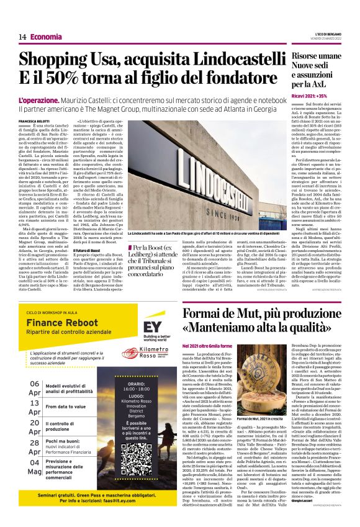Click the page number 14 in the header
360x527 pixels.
click(22, 37)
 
